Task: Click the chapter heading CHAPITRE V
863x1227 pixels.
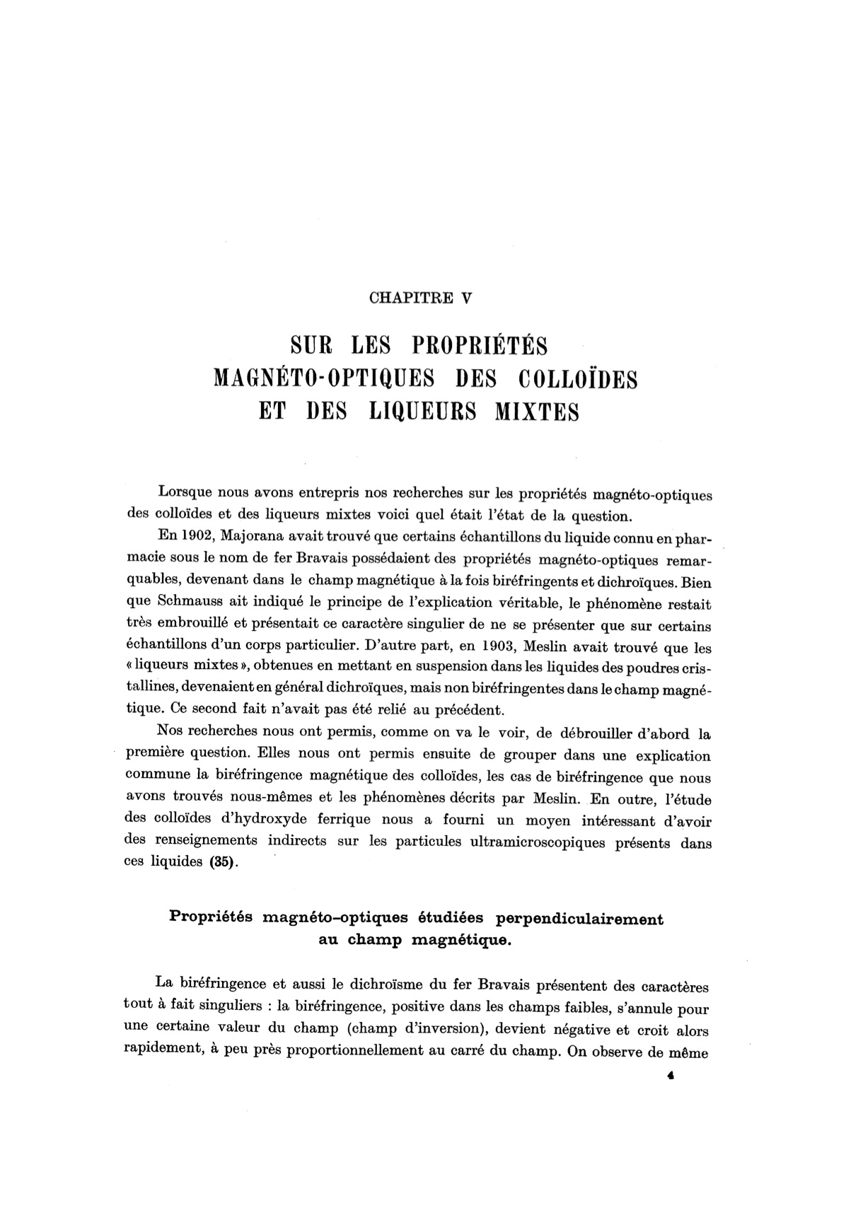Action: coord(420,298)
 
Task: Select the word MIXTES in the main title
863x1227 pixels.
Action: coord(537,412)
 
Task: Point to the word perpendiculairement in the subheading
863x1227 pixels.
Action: coord(581,919)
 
